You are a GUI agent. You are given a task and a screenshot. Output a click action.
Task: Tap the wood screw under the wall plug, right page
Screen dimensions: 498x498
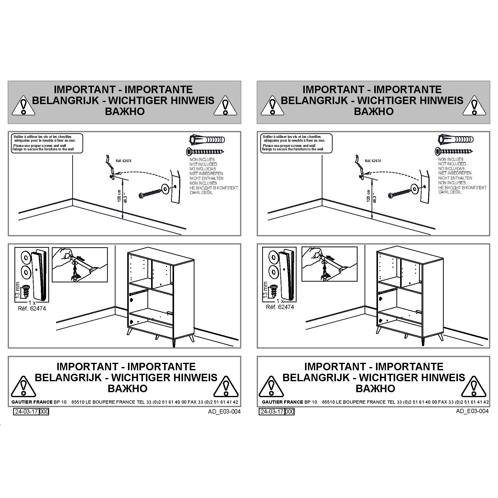click(454, 151)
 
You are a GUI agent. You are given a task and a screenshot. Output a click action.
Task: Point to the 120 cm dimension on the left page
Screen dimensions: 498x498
click(119, 196)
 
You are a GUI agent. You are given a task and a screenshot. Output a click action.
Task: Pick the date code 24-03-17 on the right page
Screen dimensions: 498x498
click(272, 412)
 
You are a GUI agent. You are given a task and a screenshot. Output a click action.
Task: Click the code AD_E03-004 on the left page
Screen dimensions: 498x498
click(224, 412)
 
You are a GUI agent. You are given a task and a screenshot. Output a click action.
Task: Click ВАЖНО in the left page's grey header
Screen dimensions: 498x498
click(125, 111)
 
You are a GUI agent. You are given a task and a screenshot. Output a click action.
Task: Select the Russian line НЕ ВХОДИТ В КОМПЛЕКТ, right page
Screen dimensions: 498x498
click(462, 188)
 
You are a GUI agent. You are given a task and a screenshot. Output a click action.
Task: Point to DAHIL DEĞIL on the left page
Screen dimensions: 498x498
click(201, 192)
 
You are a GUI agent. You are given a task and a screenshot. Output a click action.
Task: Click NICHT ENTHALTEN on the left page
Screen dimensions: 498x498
click(206, 178)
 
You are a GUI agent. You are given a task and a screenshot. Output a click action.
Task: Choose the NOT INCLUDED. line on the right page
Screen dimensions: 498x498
click(452, 164)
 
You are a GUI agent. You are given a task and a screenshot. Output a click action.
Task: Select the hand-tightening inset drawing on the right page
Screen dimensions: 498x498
click(329, 264)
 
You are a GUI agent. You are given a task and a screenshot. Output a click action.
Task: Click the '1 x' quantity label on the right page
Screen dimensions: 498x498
click(280, 301)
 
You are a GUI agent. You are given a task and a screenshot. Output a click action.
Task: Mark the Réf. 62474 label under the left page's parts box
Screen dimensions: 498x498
click(32, 309)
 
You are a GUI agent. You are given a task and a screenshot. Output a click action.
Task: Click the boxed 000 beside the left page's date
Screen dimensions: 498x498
click(44, 412)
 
